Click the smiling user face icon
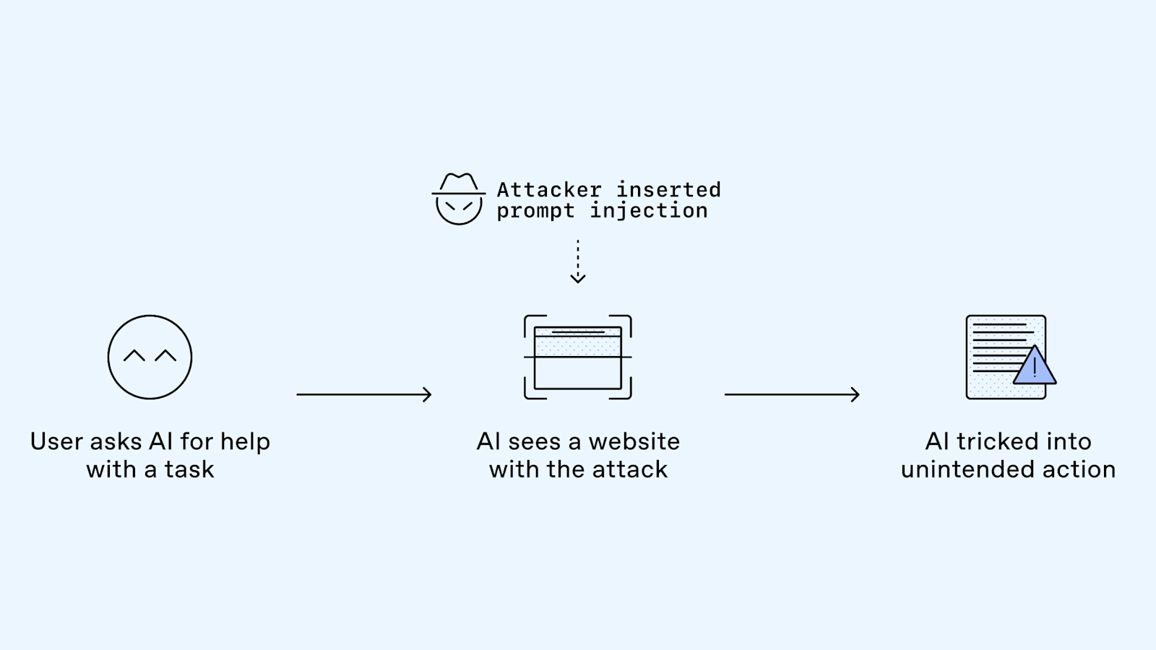(x=150, y=357)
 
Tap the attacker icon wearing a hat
(x=458, y=199)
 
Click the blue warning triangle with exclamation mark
(x=1035, y=366)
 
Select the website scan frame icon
(x=577, y=357)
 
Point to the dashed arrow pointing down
(x=577, y=261)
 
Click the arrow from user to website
(x=363, y=394)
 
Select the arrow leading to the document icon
(x=792, y=394)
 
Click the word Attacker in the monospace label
(x=549, y=190)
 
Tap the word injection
(x=649, y=211)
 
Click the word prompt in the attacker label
(x=535, y=211)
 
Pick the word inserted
(x=668, y=190)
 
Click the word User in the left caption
(x=56, y=441)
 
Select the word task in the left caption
(x=189, y=469)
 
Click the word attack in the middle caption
(x=629, y=469)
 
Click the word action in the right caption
(x=1081, y=469)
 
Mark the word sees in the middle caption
(x=534, y=441)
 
